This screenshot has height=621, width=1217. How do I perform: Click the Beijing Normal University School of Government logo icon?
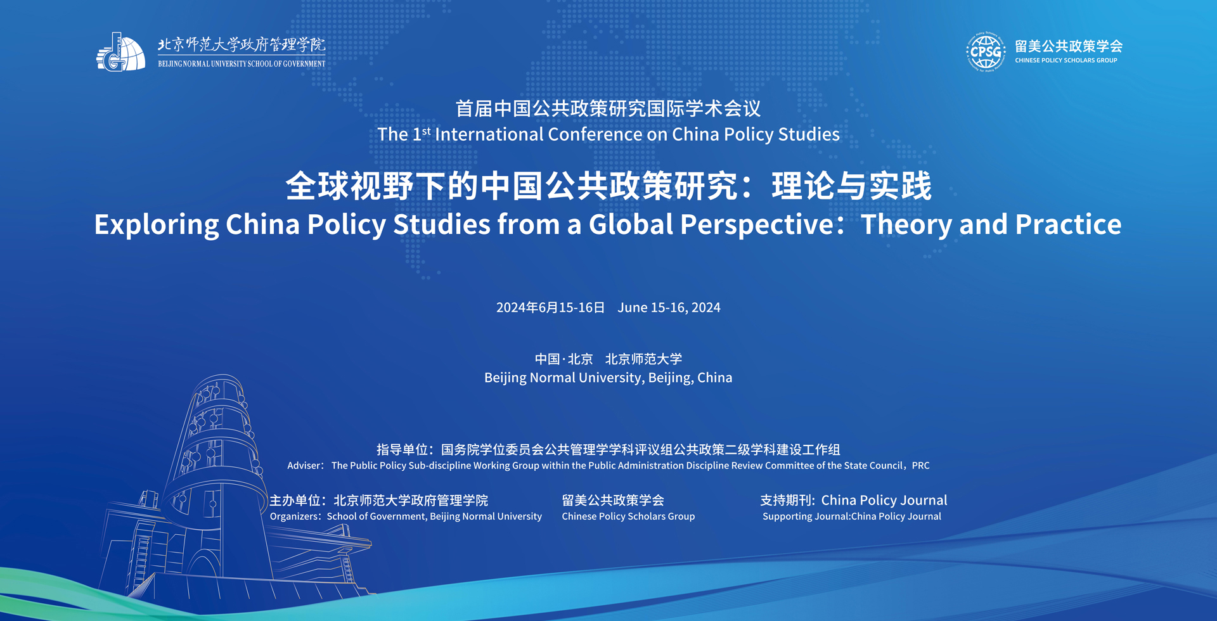coord(120,52)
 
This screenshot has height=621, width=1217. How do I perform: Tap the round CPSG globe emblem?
coord(986,52)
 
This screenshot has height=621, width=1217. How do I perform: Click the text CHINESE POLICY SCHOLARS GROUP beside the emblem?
coord(1066,61)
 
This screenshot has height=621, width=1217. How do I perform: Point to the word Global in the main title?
coord(631,224)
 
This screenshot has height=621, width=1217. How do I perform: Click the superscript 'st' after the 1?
coord(426,131)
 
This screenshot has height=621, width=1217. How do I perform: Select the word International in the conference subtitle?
coord(489,134)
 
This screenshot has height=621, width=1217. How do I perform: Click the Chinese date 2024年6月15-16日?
coord(550,307)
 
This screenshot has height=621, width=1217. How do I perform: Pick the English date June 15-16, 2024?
coord(669,307)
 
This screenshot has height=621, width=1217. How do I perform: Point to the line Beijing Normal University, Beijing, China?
coord(608,378)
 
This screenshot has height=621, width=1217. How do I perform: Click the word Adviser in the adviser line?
coord(305,466)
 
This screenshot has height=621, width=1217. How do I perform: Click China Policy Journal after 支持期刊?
coord(884,500)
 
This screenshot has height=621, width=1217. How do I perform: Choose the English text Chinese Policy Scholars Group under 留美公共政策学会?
coord(628,516)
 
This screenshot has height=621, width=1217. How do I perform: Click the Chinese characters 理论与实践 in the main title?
coord(852,186)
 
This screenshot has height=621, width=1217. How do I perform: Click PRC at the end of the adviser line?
coord(921,466)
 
